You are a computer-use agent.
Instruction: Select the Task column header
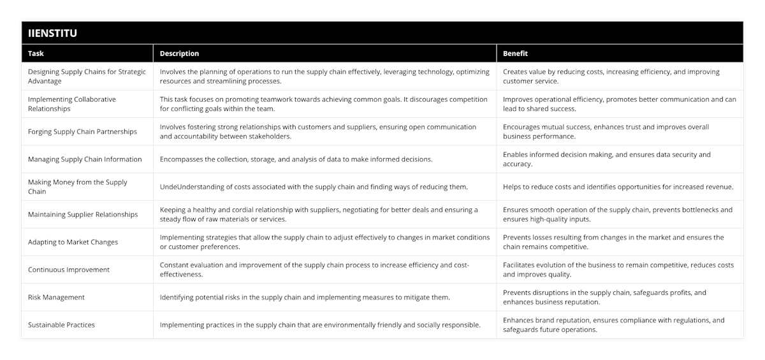pos(36,54)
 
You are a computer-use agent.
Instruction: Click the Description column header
pos(179,54)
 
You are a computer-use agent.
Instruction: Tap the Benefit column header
pos(515,54)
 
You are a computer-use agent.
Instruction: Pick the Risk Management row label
pos(56,297)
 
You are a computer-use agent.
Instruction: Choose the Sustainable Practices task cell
pos(61,324)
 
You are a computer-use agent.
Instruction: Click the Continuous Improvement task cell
pos(69,270)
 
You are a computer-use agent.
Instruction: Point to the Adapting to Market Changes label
pos(73,242)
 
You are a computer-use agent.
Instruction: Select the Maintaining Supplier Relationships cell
pos(83,214)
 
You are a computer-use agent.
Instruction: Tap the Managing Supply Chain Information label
pos(85,159)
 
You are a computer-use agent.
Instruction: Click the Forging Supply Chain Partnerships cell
pos(82,132)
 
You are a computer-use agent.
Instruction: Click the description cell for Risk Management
pos(305,297)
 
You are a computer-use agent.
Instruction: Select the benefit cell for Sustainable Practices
pos(613,324)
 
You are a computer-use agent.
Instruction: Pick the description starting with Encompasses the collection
pos(296,159)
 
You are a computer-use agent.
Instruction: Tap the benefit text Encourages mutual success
pos(606,131)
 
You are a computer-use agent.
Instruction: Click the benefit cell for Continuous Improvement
pos(618,270)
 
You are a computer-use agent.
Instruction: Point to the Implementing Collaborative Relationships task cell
pos(72,104)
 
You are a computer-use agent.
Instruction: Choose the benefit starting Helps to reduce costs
pos(618,187)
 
